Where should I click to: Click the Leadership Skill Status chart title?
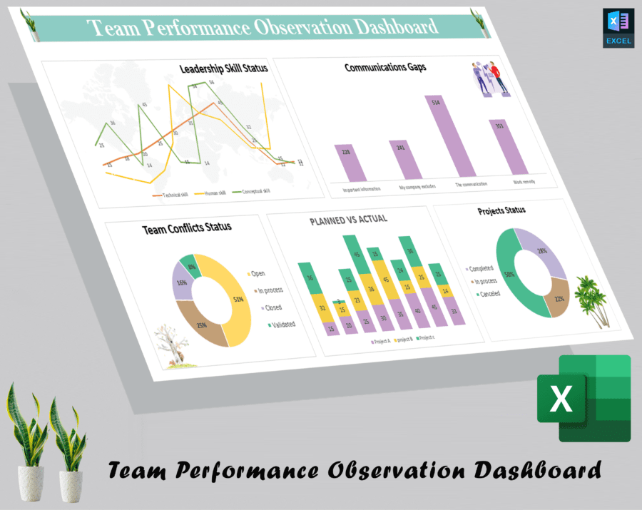click(x=223, y=68)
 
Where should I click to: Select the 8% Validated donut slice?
click(x=188, y=264)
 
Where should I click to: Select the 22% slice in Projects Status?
click(x=554, y=298)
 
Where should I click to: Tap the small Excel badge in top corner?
click(x=618, y=28)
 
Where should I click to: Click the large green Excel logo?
click(x=585, y=398)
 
